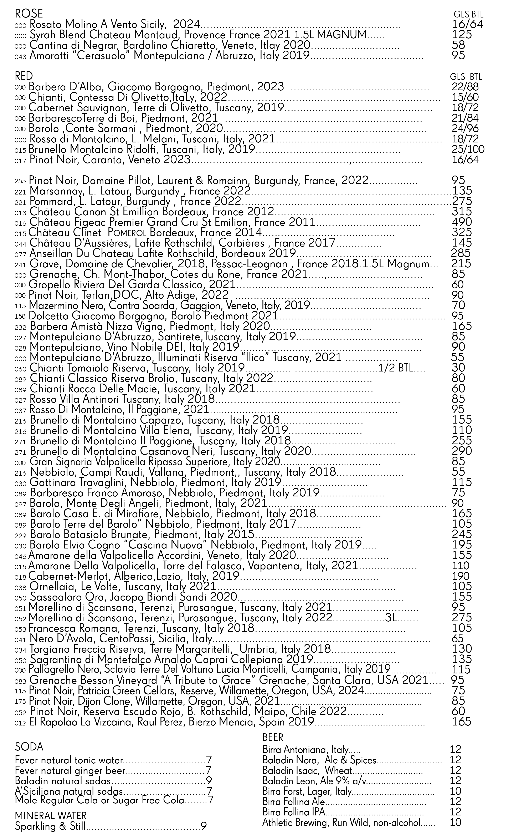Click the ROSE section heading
29,14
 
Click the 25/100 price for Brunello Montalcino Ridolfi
468,150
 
